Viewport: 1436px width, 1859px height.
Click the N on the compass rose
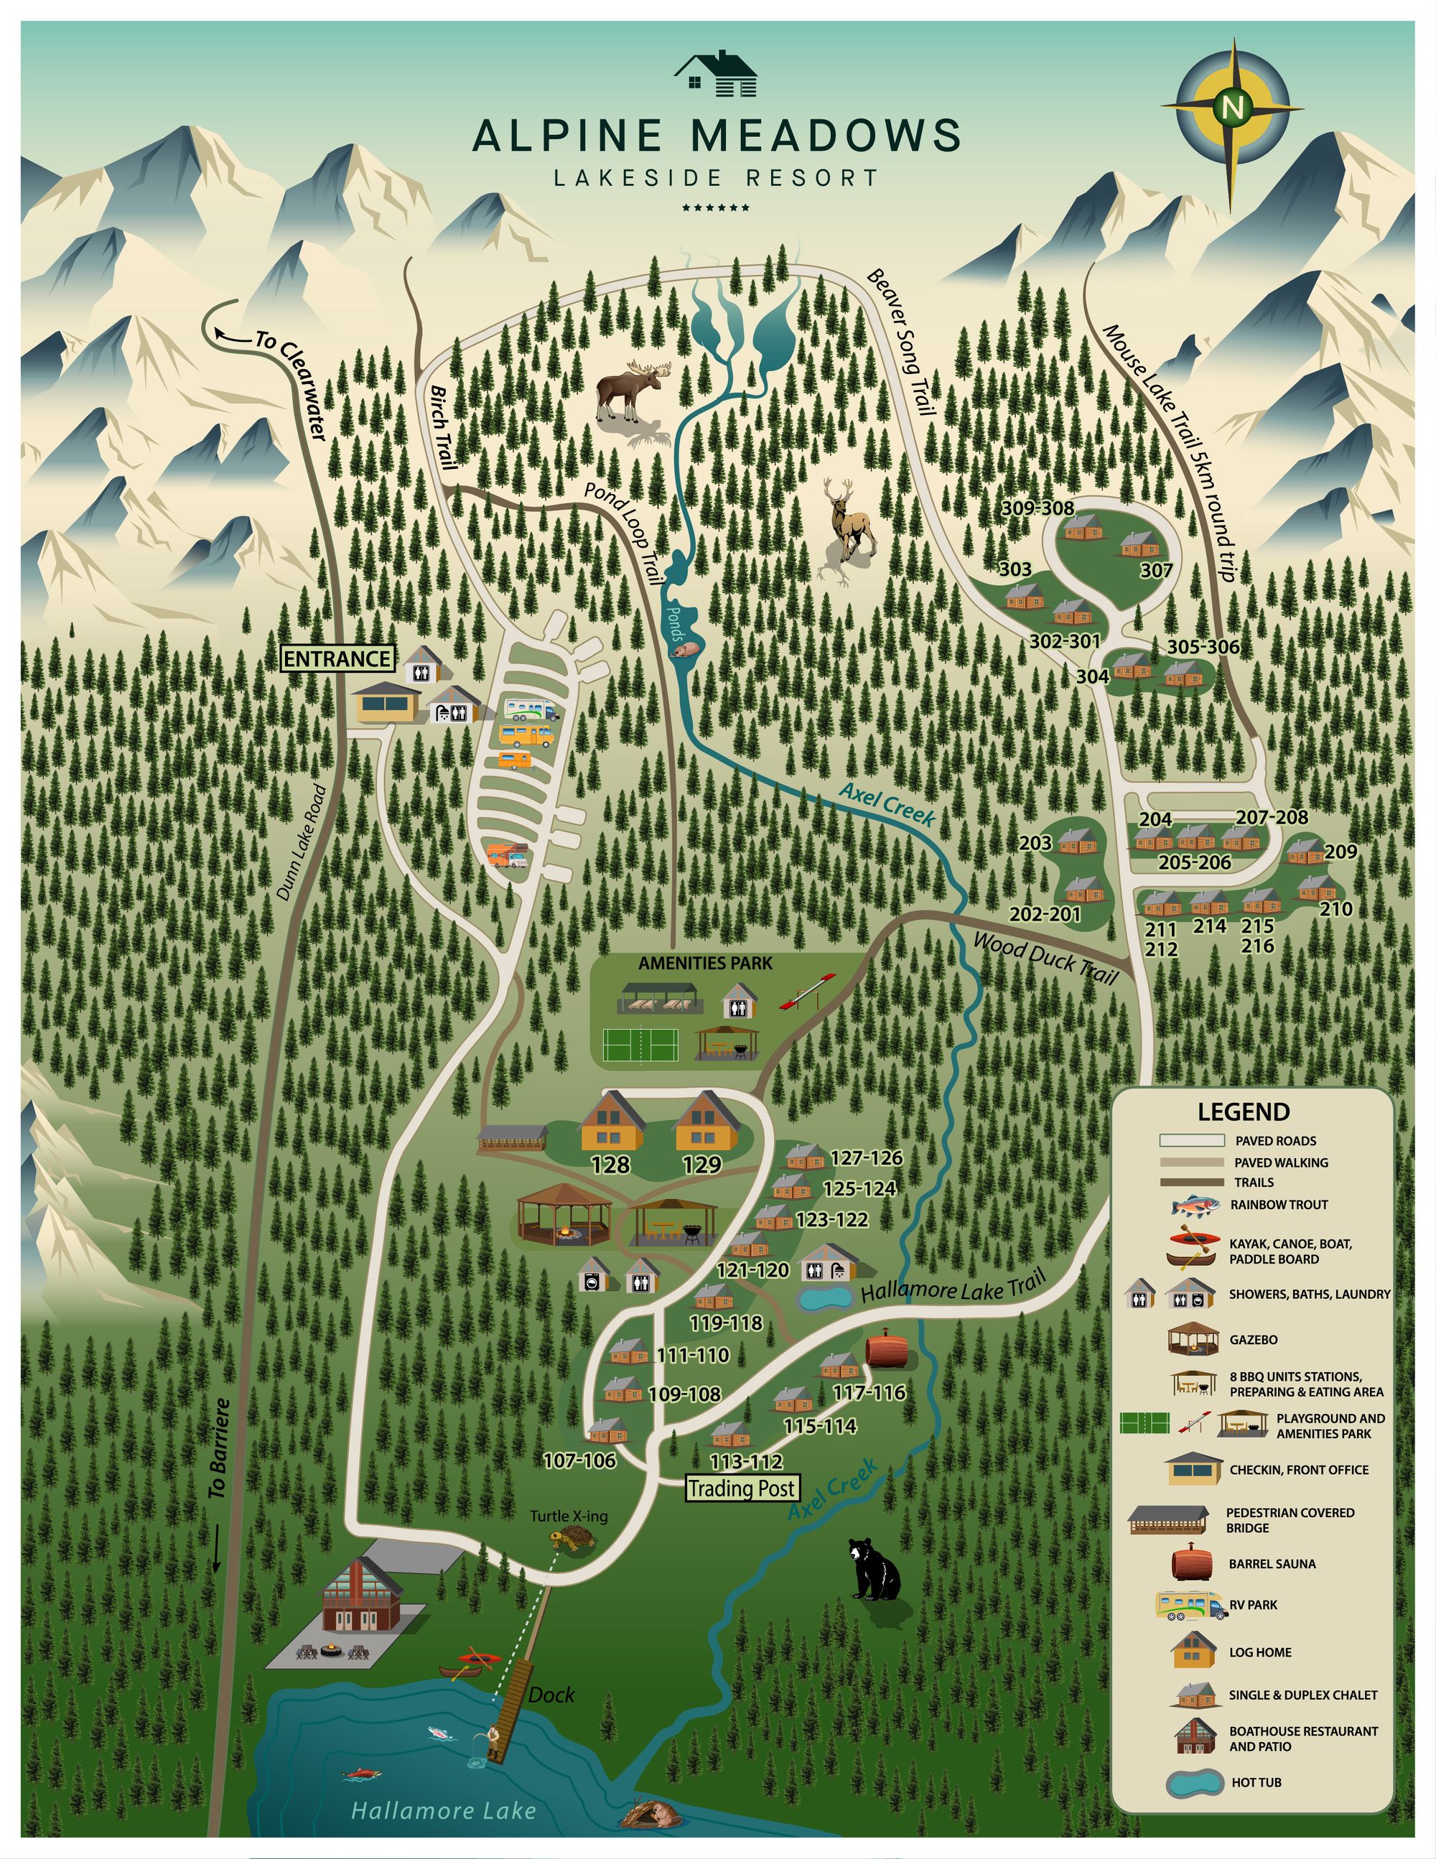[x=1230, y=107]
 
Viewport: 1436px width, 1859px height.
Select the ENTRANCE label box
[x=337, y=659]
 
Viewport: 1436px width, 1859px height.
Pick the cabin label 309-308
[x=1037, y=508]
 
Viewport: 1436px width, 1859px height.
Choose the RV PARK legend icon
[x=1191, y=1606]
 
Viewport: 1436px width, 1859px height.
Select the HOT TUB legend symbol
[x=1193, y=1782]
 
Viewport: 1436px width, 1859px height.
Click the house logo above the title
[x=716, y=75]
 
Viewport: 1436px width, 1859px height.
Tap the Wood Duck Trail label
[x=1045, y=958]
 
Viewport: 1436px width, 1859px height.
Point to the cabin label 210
[x=1335, y=909]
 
